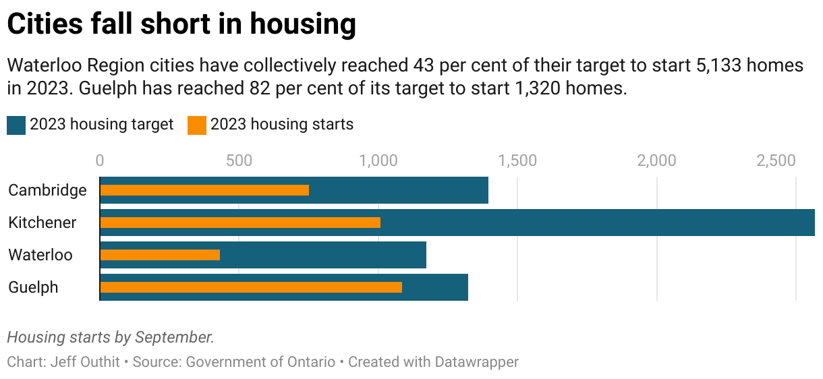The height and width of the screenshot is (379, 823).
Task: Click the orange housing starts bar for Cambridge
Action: (204, 190)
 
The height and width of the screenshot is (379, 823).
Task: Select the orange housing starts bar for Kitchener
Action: (240, 223)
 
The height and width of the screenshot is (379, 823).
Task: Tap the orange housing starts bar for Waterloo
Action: (160, 255)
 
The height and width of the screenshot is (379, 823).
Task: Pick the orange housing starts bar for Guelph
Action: (251, 287)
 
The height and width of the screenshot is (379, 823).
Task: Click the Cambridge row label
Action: (47, 190)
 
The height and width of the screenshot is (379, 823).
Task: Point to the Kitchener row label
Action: (42, 223)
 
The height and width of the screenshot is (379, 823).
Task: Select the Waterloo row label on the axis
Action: (40, 255)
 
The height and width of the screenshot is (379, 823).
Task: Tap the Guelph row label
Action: (33, 287)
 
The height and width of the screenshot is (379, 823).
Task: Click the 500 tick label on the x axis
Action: (239, 161)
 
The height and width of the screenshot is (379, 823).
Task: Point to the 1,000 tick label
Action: (378, 161)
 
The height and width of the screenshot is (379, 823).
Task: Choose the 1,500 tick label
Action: (517, 161)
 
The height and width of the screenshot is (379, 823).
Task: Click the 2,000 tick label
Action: (657, 161)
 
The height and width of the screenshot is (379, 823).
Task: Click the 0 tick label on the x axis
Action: (100, 161)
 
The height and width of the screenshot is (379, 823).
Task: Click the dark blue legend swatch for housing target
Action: (16, 125)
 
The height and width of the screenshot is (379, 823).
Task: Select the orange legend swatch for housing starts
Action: (196, 125)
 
